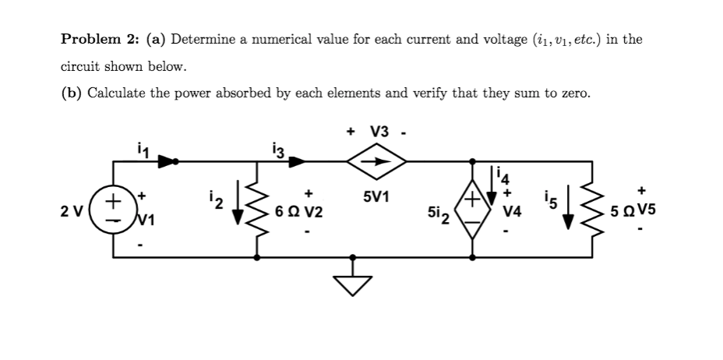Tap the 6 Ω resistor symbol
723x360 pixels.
click(x=257, y=210)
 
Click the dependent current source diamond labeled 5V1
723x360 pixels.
click(x=377, y=163)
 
